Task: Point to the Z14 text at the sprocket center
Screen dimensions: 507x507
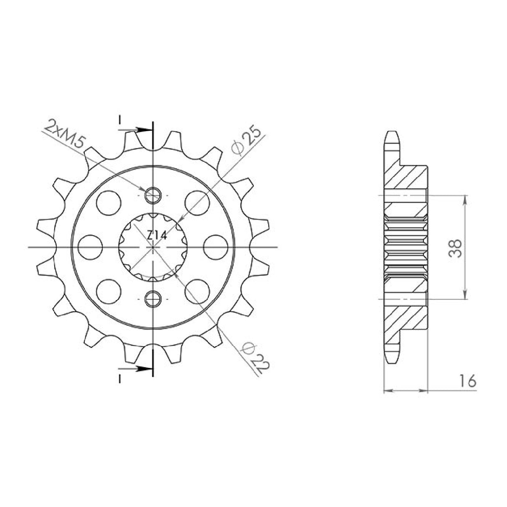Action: pos(157,236)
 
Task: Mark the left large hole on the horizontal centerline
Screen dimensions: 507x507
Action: pos(91,247)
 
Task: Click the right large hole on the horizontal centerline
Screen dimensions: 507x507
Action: pos(215,247)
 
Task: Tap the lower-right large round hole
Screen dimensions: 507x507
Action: pos(197,289)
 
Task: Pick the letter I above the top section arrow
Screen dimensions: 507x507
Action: pos(119,120)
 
